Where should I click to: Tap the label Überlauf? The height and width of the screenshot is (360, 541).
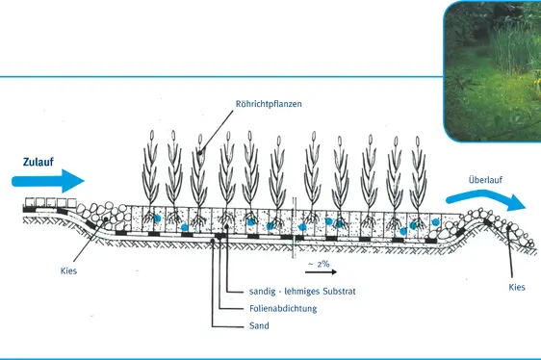pyautogui.click(x=484, y=179)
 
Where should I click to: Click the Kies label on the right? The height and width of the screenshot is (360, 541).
pyautogui.click(x=516, y=288)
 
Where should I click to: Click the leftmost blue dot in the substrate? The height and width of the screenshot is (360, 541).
pyautogui.click(x=158, y=219)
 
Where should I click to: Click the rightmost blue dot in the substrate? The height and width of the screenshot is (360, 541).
pyautogui.click(x=434, y=222)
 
